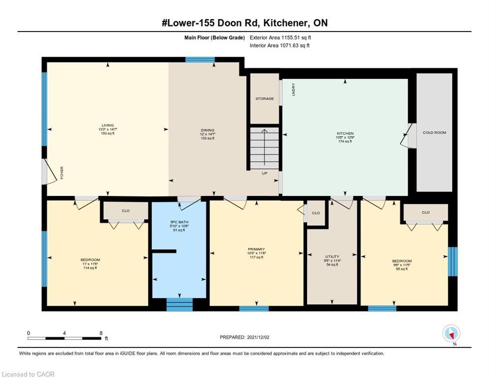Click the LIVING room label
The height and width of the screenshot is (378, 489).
pos(107,126)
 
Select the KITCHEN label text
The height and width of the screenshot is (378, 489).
pos(345,133)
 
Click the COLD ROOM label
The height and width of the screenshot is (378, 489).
pos(434,132)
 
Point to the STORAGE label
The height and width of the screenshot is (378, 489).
pos(264,98)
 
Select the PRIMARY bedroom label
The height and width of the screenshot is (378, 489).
pos(256,250)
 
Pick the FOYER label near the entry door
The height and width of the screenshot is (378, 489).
pos(62,173)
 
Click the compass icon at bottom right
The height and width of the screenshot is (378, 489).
pos(451,334)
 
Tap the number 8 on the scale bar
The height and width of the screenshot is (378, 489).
pos(101,333)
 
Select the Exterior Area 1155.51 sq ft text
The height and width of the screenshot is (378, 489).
pos(280,37)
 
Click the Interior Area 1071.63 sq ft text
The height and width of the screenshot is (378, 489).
pos(279,46)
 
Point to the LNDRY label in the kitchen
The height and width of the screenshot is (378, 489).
pos(294,89)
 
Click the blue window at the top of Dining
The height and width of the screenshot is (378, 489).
pos(200,60)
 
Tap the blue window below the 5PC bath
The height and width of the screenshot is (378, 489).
pos(180,304)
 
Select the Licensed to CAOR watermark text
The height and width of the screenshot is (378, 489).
pos(28,374)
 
